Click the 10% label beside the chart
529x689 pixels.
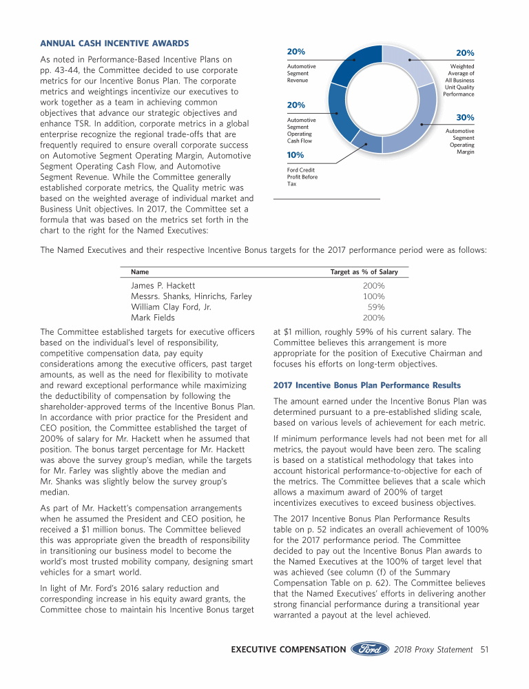295,154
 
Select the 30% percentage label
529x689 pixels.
465,119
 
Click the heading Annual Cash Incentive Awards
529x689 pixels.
114,45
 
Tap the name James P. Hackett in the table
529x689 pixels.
163,285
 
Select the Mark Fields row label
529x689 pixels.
153,318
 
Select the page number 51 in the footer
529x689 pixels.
485,649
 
